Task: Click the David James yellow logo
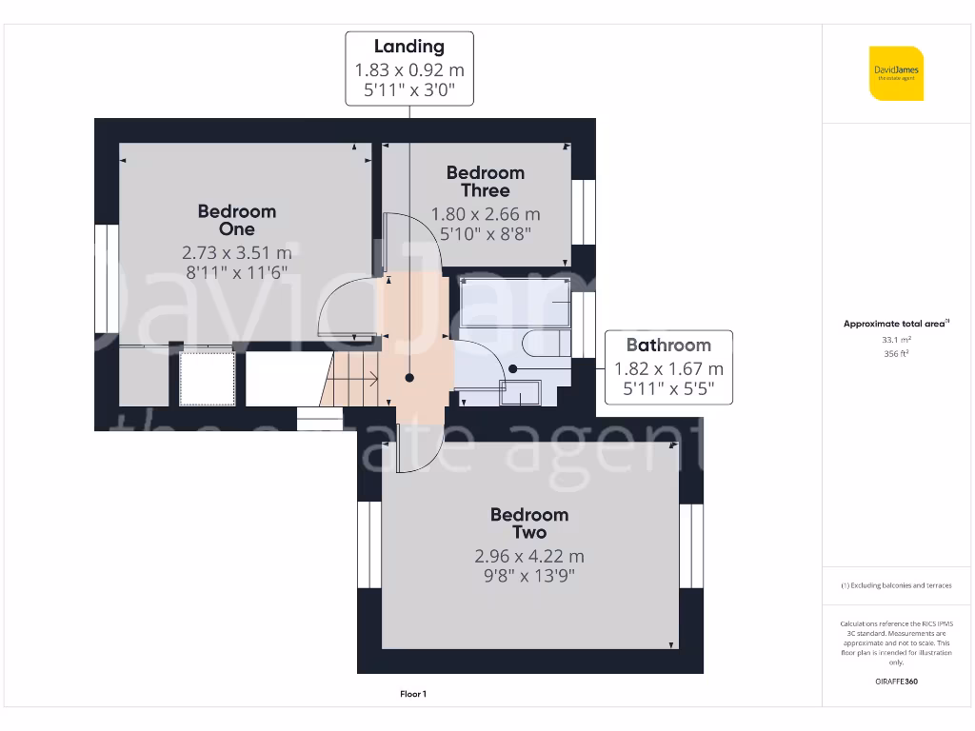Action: (x=896, y=73)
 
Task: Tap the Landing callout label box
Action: (x=409, y=69)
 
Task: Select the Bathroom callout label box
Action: (x=668, y=367)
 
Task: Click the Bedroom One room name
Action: (x=236, y=220)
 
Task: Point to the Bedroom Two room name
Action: (x=529, y=524)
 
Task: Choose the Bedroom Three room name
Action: (x=486, y=181)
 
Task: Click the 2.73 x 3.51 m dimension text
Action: (x=236, y=253)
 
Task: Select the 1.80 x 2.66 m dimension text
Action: (x=486, y=214)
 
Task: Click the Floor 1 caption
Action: (x=413, y=694)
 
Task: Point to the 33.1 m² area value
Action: (x=896, y=339)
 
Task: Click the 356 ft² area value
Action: (x=896, y=353)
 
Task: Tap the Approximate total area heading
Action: (x=896, y=324)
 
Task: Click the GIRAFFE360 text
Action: (x=896, y=682)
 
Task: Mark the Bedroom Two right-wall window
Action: (x=690, y=545)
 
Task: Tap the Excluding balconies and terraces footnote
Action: (x=896, y=585)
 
